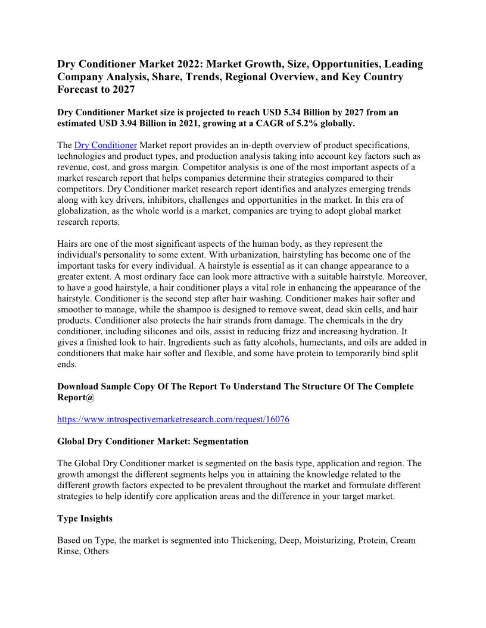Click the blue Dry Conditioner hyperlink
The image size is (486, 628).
coord(105,146)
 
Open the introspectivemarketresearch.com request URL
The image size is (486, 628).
coord(173,419)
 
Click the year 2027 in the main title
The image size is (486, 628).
coord(121,90)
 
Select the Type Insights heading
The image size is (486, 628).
coord(85,519)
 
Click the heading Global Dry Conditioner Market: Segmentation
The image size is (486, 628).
coord(152,441)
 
